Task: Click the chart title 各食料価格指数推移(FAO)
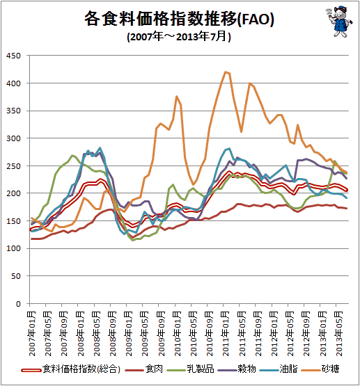tap(179, 19)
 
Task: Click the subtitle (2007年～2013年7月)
tap(179, 37)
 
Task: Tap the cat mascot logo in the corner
tap(339, 22)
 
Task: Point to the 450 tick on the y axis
tap(13, 56)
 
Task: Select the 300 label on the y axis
tap(13, 138)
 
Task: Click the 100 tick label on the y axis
tap(13, 248)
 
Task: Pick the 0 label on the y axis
tap(18, 304)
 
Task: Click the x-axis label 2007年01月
tap(32, 334)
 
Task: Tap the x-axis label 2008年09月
tap(113, 334)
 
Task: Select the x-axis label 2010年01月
tap(178, 334)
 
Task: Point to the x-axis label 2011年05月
tap(242, 334)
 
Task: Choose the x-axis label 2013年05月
tap(339, 334)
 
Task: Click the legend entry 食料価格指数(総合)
tap(71, 369)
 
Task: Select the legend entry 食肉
tap(144, 369)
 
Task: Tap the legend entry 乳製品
tap(190, 369)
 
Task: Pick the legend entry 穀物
tap(237, 369)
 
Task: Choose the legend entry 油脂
tap(279, 369)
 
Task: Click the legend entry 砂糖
tap(321, 369)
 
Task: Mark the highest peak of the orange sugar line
tap(226, 72)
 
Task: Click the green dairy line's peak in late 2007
tap(72, 155)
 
